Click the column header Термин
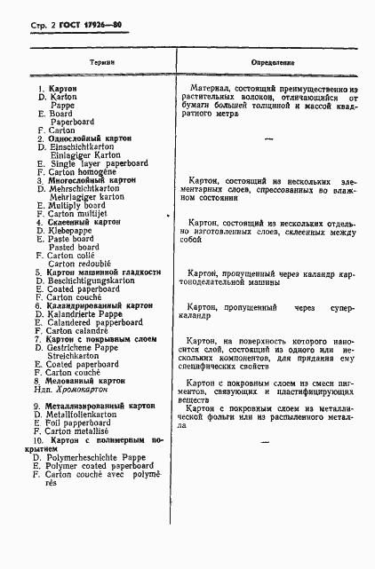coord(102,63)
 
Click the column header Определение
coord(272,63)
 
